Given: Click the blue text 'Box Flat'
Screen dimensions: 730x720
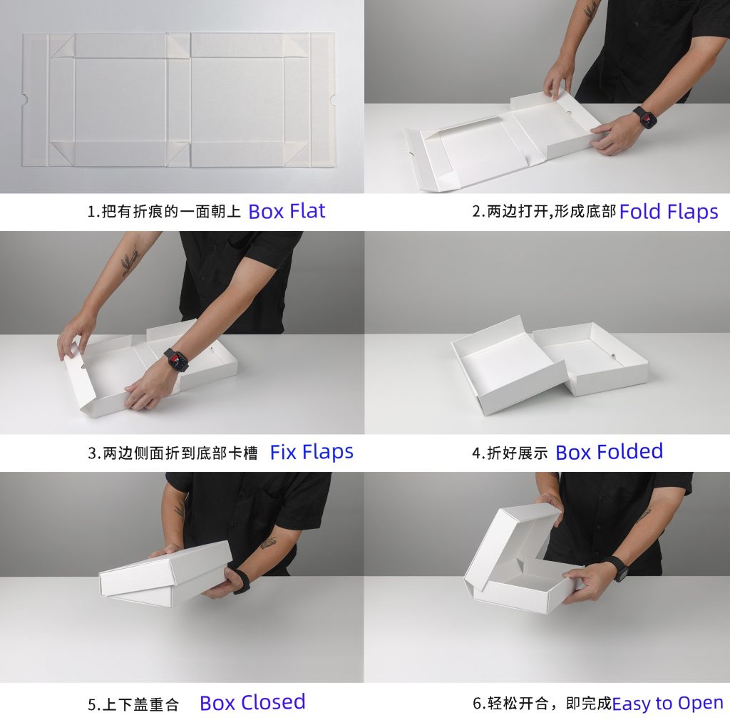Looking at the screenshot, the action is (287, 211).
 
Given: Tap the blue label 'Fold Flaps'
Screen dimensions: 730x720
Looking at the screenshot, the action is (669, 212).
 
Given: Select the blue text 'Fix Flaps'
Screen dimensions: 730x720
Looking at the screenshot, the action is (312, 452).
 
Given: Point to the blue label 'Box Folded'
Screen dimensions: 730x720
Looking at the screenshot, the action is (610, 452).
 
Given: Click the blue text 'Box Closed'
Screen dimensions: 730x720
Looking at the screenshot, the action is (253, 702).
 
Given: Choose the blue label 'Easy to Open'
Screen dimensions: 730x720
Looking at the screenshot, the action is (667, 703).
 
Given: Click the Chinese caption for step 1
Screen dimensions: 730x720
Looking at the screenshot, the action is (164, 212).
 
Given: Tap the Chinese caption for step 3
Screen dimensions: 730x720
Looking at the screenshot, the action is (173, 453).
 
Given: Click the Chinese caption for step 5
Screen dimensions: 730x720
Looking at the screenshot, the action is (133, 704).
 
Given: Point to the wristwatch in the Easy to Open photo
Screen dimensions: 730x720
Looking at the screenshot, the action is (618, 569).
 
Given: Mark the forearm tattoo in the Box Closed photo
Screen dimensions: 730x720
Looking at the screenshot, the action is (268, 542).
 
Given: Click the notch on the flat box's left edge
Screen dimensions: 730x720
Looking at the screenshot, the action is (25, 98).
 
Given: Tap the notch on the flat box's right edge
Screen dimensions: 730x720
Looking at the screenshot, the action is (331, 98).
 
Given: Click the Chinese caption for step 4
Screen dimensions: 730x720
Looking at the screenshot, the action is (510, 453).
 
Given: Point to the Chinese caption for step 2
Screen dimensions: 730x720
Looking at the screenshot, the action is (544, 212).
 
